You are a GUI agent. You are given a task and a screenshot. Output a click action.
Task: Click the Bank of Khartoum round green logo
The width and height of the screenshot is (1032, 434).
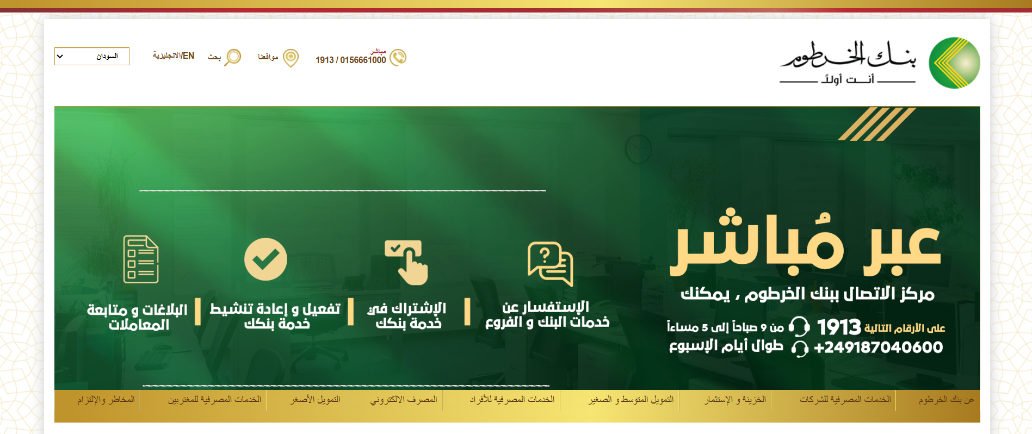click(954, 63)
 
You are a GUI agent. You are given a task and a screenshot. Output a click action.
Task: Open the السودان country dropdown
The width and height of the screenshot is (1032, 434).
click(92, 56)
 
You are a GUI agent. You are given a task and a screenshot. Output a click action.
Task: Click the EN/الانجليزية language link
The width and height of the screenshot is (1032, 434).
click(173, 55)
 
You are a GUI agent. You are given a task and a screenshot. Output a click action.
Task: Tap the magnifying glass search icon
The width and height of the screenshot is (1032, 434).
click(233, 57)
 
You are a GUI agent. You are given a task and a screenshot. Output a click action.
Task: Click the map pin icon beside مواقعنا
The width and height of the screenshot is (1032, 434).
click(291, 58)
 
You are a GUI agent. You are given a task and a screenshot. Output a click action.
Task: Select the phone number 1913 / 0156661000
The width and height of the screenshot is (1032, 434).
click(350, 60)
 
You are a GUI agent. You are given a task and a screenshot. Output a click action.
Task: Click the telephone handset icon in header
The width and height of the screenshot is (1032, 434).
click(398, 57)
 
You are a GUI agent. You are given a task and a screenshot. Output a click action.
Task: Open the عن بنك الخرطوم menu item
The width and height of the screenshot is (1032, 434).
click(947, 400)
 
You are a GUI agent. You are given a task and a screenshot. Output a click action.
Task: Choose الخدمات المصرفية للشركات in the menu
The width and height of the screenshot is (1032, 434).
click(845, 399)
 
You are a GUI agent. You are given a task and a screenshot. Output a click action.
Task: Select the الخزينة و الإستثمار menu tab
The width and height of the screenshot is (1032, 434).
click(735, 399)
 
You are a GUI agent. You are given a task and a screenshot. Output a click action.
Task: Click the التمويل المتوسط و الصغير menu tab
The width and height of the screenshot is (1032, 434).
click(631, 399)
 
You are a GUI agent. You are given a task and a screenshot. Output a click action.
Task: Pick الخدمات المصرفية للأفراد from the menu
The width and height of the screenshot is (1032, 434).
click(512, 399)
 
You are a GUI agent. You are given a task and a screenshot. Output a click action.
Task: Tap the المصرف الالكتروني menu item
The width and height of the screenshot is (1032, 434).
click(404, 400)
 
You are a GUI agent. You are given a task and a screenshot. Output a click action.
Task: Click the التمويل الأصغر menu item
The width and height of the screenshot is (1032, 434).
click(315, 400)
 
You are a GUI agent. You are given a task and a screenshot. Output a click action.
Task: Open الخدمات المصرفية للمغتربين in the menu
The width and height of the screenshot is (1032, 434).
click(214, 400)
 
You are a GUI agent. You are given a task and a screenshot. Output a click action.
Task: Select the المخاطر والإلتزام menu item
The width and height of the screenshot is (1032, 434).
click(106, 400)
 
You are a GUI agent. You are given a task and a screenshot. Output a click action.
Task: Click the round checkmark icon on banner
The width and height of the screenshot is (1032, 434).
click(265, 259)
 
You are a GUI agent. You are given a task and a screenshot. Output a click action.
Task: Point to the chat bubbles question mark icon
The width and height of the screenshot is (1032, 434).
click(550, 264)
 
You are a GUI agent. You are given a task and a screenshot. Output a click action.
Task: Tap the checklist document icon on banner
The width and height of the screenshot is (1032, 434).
click(141, 259)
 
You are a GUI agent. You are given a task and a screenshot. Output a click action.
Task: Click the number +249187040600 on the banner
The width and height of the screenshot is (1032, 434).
click(878, 348)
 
